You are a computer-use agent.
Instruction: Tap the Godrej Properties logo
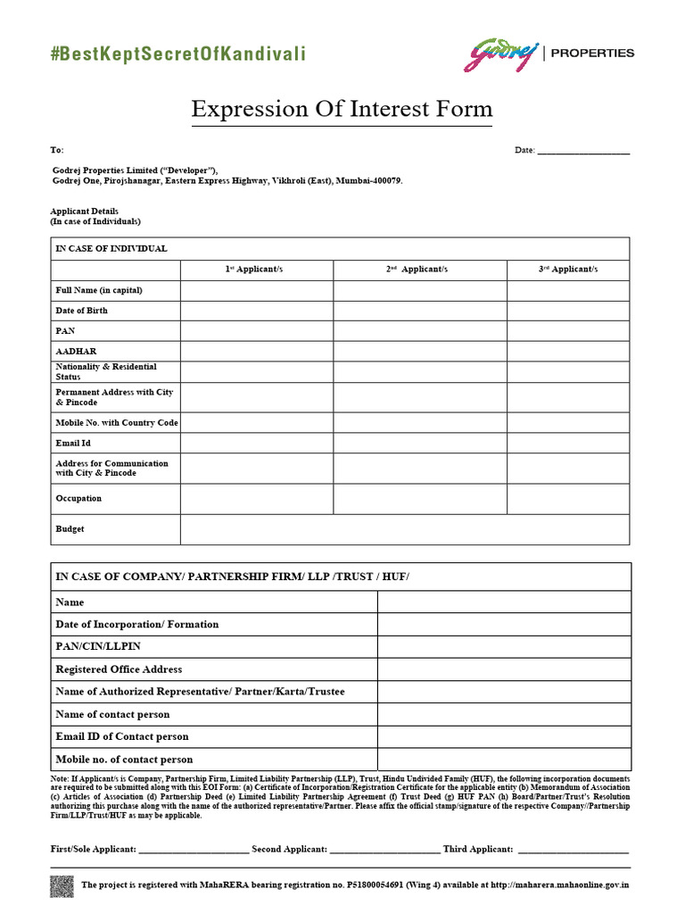tap(548, 54)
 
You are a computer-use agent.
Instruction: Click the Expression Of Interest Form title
tap(342, 110)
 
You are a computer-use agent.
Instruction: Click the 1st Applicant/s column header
tap(257, 269)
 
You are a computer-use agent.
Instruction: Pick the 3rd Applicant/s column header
tap(568, 269)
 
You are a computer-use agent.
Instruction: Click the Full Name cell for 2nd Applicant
tap(420, 290)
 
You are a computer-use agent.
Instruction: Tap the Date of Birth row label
tap(82, 311)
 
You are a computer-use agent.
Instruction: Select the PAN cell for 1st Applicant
tap(257, 331)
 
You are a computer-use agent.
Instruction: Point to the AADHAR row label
tap(76, 352)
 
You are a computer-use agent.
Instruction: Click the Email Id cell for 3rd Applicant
tap(568, 443)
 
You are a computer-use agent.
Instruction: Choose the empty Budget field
tap(405, 529)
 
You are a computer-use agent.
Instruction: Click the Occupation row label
tap(78, 498)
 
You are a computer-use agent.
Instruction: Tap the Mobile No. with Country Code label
tap(117, 422)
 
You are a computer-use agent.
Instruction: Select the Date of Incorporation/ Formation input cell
tap(504, 625)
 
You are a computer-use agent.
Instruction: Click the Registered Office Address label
tap(119, 669)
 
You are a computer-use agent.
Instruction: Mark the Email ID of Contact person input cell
tap(504, 736)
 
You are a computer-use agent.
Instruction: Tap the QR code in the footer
tap(62, 886)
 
